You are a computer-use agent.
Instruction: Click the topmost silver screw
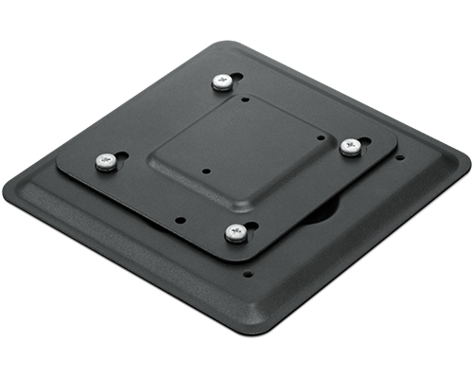coord(223,81)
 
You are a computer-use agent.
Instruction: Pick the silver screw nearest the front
coord(233,230)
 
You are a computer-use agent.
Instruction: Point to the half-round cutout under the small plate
coord(326,209)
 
